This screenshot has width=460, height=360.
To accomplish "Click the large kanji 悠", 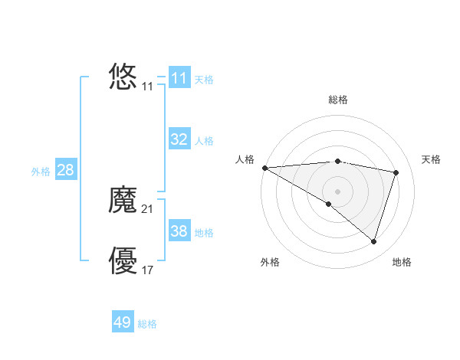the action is coord(123,77).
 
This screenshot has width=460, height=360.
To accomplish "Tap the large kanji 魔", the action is coord(123,201).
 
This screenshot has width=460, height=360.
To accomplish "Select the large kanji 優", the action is coord(123,261).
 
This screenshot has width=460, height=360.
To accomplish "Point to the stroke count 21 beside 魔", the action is coord(148,208).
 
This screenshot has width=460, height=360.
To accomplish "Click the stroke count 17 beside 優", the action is coord(148,270).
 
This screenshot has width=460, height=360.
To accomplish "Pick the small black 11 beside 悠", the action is coord(148,87).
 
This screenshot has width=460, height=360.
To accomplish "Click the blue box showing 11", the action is coord(179,78).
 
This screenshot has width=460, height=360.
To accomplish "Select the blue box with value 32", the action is coord(179,139).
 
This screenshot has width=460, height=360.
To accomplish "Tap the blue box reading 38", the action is coord(179,231).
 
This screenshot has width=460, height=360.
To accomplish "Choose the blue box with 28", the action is coord(65,170).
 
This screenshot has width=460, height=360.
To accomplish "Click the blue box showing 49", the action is coord(123,322).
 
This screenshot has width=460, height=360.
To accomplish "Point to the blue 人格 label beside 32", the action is coord(204,141).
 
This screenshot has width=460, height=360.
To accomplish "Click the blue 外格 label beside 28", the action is coord(41,172).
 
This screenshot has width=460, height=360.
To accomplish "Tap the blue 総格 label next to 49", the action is coord(147,324).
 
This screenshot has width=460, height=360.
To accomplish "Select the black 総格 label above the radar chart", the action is coord(337,100).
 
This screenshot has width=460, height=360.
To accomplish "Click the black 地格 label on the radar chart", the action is coord(402,262).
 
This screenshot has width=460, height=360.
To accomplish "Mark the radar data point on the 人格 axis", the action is coord(264,168).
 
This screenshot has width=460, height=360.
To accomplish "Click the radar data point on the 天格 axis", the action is coord(396,172).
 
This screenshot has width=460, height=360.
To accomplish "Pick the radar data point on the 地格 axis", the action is coord(374,241).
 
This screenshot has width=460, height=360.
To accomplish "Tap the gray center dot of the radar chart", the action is coord(337,191).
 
